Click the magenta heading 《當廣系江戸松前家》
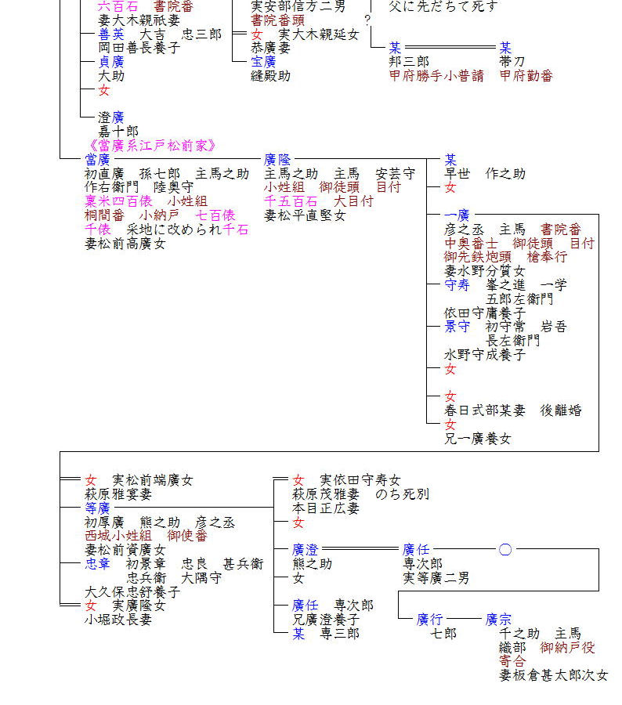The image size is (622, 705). (153, 146)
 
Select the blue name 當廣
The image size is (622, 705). (98, 160)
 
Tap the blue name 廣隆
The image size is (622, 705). (277, 160)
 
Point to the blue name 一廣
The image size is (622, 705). (457, 215)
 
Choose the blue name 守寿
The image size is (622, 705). (457, 285)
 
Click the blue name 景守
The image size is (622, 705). (457, 327)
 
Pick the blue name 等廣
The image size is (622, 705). (98, 508)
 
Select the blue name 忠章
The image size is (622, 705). (98, 564)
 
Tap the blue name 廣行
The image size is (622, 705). (430, 620)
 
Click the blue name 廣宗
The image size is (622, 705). (498, 620)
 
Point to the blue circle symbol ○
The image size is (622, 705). (505, 550)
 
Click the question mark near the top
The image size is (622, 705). (367, 20)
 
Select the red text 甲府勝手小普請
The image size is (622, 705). (436, 76)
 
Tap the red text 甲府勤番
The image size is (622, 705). (526, 76)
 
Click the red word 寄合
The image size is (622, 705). (512, 661)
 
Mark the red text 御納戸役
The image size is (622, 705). (567, 648)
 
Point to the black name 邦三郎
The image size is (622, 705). (409, 62)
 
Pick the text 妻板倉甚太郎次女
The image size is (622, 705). (553, 675)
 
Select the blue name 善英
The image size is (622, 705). (111, 34)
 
